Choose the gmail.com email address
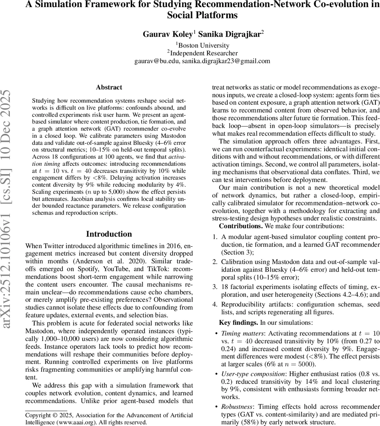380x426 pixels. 226,61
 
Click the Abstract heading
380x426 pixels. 109,87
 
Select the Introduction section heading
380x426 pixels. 109,234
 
